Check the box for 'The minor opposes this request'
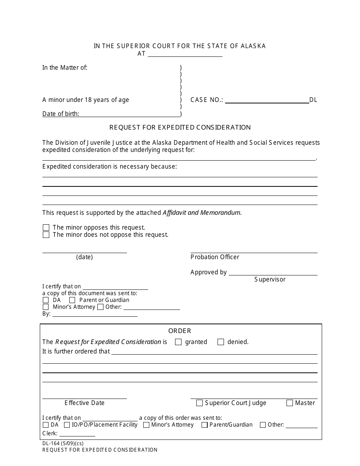tap(46, 228)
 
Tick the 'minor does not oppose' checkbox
tap(46, 235)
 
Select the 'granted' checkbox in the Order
tap(178, 342)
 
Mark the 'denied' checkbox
tap(221, 342)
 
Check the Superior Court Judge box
tap(199, 403)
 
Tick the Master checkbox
tap(290, 403)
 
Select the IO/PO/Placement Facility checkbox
tap(67, 425)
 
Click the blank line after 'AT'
tap(185, 55)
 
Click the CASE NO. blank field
tap(267, 101)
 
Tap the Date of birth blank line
tap(130, 114)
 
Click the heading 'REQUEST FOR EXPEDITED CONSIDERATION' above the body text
tap(180, 128)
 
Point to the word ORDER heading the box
tap(180, 331)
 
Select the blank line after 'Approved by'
tap(273, 273)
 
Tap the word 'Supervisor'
tap(270, 280)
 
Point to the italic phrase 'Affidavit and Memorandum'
tap(202, 213)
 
